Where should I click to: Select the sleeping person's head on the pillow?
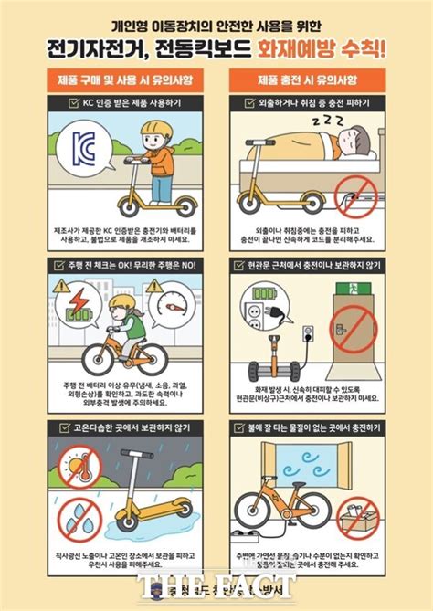(x=353, y=139)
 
